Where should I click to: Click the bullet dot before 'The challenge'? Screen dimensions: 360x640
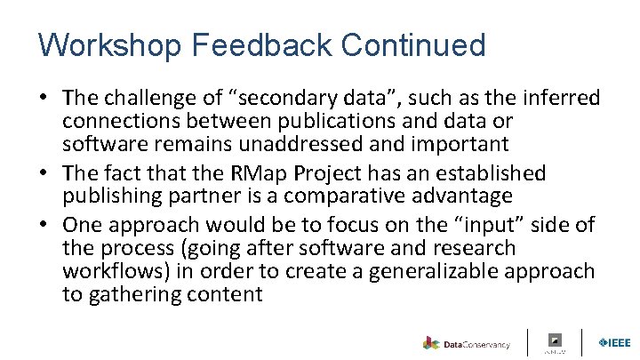[45, 98]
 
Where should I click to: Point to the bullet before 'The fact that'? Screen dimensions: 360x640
[45, 172]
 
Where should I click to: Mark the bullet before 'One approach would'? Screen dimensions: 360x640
[45, 223]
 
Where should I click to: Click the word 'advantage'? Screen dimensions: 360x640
[467, 196]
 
